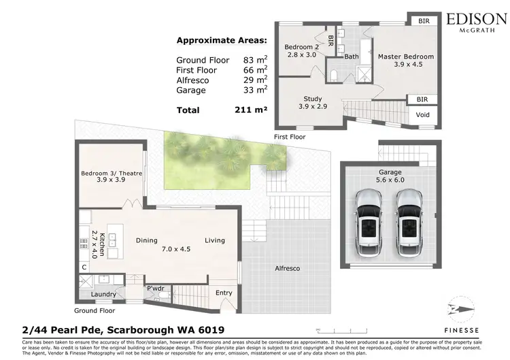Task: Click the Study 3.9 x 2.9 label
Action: (x=313, y=103)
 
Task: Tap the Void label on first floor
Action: (x=422, y=115)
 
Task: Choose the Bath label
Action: (x=352, y=57)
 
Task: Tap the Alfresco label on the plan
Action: (x=286, y=269)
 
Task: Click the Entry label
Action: (x=224, y=293)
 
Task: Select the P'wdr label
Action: (x=154, y=289)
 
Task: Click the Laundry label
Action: (x=103, y=294)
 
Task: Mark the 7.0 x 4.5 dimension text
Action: (x=175, y=250)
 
